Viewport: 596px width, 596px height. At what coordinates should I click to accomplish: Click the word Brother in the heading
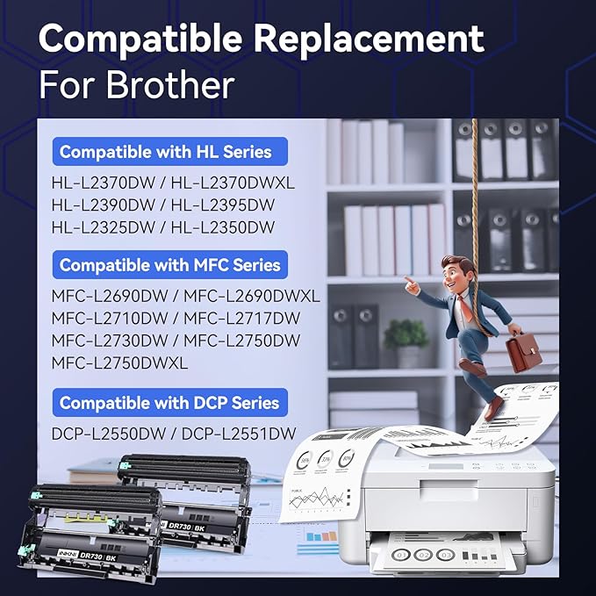coord(170,84)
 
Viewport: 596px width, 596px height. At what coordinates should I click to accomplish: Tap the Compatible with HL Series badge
coord(166,152)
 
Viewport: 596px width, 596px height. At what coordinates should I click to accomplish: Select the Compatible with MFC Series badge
coord(170,264)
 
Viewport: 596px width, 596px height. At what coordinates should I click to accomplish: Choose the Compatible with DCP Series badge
coord(169,403)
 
